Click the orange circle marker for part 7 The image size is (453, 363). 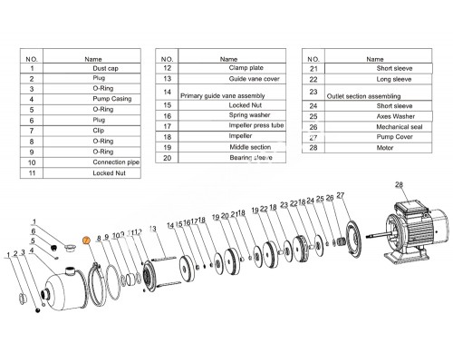click(x=86, y=240)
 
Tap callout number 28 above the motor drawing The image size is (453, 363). click(x=397, y=186)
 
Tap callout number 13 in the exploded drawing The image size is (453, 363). click(x=153, y=229)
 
